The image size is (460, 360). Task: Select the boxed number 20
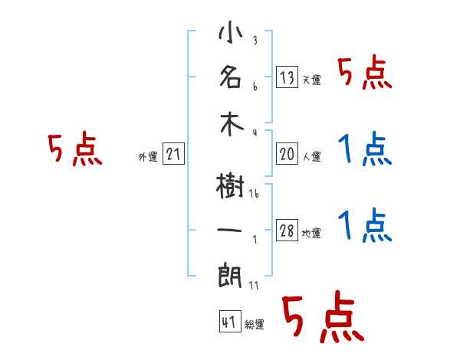click(287, 154)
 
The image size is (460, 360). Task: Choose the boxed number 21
click(173, 155)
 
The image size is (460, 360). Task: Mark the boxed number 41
click(228, 322)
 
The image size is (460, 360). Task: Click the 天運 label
click(311, 79)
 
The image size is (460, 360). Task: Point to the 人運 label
click(311, 156)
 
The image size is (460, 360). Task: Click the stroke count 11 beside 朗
click(255, 285)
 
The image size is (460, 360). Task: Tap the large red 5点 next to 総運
click(321, 317)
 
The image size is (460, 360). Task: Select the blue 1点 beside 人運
click(365, 149)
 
